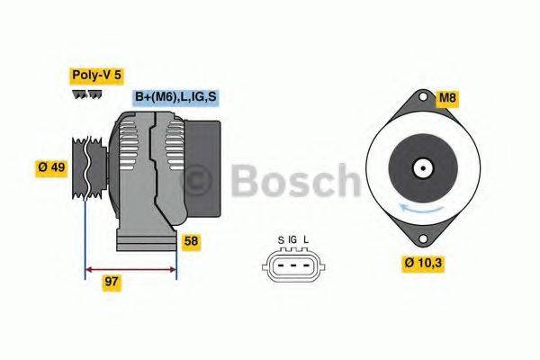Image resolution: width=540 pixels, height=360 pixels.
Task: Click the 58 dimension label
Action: pos(191,241)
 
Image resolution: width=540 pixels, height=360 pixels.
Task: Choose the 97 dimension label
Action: pos(112,282)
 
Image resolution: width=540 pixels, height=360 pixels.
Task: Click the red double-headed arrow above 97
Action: pos(130,267)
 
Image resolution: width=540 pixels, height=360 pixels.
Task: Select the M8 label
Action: pos(447,97)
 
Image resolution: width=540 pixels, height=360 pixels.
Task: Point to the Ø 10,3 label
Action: pos(423,263)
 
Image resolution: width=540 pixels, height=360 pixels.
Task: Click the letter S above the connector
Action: pos(281,239)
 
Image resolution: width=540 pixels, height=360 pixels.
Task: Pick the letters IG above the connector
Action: pos(292,239)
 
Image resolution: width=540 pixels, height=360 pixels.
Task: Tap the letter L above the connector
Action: pos(306,239)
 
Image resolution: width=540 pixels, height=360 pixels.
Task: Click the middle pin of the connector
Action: pos(292,265)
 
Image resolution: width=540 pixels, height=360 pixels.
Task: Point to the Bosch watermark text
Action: pos(297,179)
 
